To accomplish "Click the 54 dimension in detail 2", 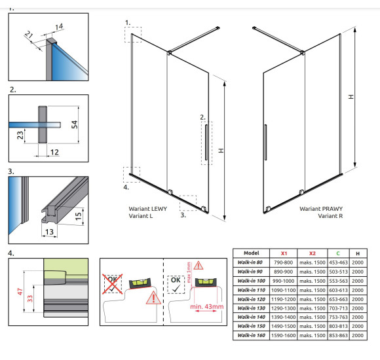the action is [x=75, y=124].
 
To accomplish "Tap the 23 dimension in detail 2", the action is [x=20, y=135].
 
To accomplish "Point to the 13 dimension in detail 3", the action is [x=49, y=232].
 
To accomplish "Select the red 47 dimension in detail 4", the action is [x=20, y=291].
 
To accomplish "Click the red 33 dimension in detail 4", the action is [x=29, y=298].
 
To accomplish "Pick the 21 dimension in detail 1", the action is [x=29, y=35].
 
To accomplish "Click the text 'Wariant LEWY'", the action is [x=148, y=209].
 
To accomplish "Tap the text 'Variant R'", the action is [x=330, y=216].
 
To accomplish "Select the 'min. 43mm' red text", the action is [x=207, y=306].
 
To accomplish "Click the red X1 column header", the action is [x=284, y=253].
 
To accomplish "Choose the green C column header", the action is [x=338, y=253].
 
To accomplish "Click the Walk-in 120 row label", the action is [x=252, y=299].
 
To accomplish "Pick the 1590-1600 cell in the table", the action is [x=283, y=335].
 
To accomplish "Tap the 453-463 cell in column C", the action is [x=338, y=262].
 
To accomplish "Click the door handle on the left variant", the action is [x=206, y=142].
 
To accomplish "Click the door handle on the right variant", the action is [x=265, y=142].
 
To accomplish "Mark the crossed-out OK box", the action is [x=113, y=284].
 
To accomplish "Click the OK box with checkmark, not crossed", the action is [x=176, y=285].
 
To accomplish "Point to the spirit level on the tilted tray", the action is [x=140, y=283].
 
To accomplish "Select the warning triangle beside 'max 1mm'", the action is [x=199, y=265].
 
